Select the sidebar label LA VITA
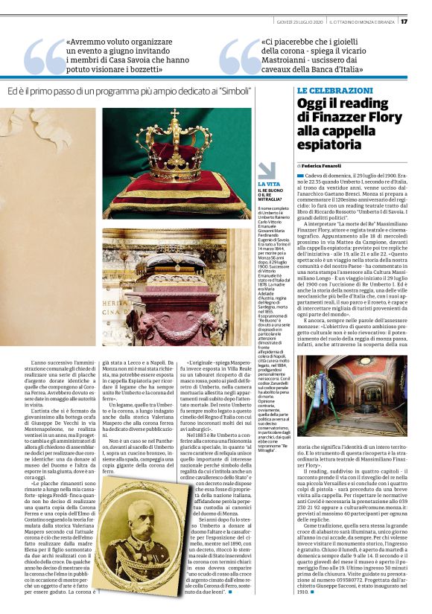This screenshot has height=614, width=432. [269, 183]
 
